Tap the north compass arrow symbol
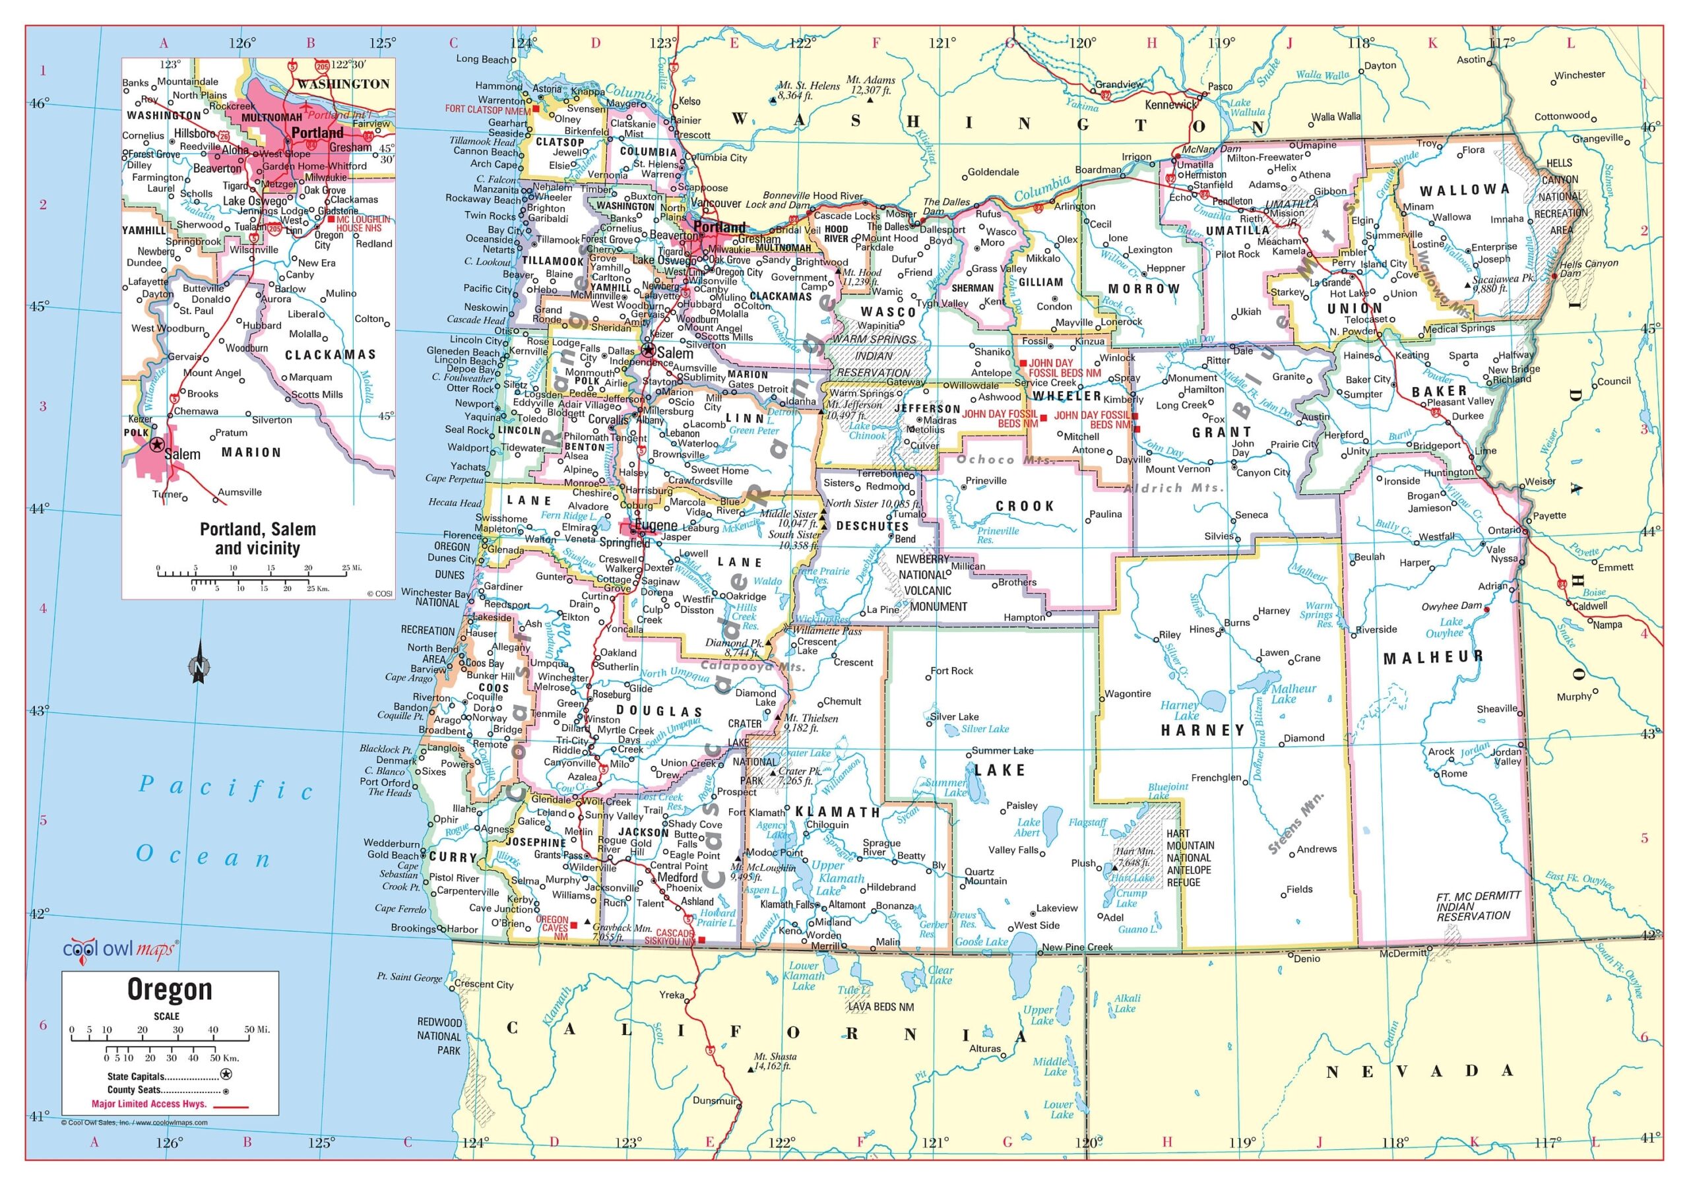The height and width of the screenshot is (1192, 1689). coord(199,662)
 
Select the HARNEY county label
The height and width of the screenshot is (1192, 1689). coord(1203,730)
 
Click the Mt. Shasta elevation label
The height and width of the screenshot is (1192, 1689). coord(775,1061)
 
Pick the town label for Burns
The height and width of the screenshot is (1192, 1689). coord(1236,622)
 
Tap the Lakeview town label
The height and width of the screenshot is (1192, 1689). coord(1056,908)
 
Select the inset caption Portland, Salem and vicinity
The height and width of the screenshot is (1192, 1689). coord(257,538)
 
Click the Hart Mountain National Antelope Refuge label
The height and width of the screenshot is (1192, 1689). coord(1190,858)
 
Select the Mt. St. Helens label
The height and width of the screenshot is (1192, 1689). coord(808,90)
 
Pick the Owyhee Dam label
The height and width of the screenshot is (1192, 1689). coord(1451,606)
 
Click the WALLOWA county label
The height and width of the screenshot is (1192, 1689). coord(1464,190)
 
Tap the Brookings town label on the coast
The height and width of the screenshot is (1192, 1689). coord(413,928)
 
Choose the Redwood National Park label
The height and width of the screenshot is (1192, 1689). coord(439,1036)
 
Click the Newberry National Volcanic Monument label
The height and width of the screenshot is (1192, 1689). coord(932,583)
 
